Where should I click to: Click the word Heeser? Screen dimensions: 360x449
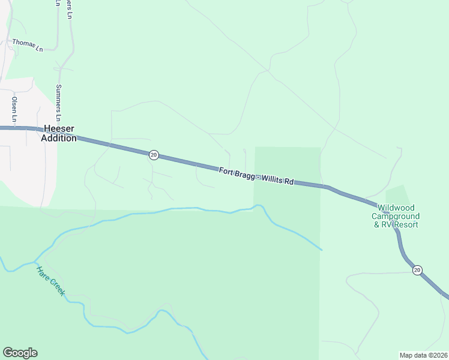[58, 129]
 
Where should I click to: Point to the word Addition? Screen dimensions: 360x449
[59, 138]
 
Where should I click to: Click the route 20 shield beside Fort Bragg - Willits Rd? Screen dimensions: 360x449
[154, 155]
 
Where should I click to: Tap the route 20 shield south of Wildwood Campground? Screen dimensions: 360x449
[417, 270]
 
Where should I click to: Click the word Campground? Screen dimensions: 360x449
[396, 216]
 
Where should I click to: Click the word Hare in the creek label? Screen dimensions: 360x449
[43, 274]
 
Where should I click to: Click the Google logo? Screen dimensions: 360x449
[20, 353]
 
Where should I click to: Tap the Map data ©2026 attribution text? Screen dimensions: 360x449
[423, 355]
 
